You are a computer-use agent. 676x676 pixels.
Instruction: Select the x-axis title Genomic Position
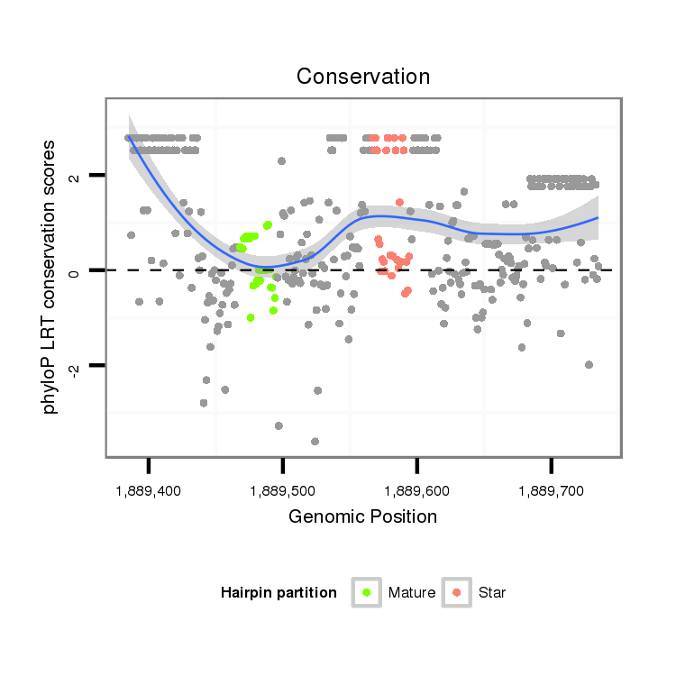click(363, 516)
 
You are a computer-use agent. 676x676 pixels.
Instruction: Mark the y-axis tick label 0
click(76, 270)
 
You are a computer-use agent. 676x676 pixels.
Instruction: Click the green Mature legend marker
click(366, 592)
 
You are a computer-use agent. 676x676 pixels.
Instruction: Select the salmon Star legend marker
click(457, 592)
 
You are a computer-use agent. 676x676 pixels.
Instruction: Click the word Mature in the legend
click(412, 593)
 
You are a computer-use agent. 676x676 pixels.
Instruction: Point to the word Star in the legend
click(492, 593)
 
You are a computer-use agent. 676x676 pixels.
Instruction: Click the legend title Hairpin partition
click(279, 593)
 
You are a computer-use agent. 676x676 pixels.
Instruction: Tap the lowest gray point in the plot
click(315, 442)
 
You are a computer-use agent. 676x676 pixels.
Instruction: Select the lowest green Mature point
click(251, 317)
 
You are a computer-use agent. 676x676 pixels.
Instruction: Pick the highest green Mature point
click(268, 224)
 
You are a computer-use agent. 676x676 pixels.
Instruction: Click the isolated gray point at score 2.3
click(282, 161)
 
